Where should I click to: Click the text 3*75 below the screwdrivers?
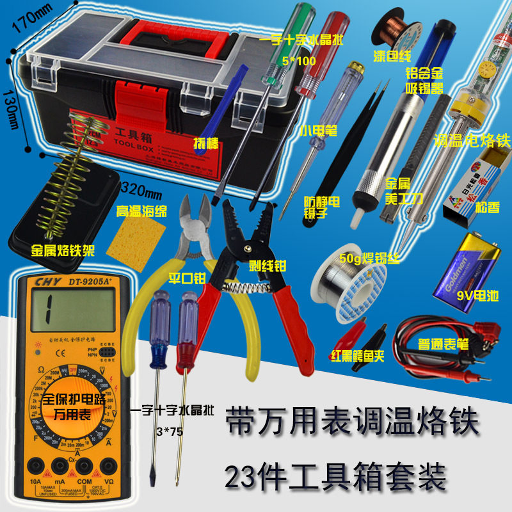[x=168, y=431]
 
